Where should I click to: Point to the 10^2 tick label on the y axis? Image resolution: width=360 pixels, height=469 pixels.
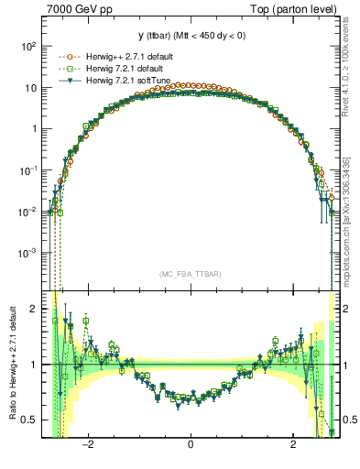click(x=29, y=46)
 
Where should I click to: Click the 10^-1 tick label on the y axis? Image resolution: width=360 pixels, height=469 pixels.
click(x=29, y=170)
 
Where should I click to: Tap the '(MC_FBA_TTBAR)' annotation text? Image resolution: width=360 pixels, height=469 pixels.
click(x=190, y=274)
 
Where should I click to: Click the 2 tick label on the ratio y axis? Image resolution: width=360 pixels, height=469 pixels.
click(x=35, y=310)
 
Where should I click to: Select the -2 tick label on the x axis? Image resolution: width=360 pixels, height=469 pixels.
click(x=88, y=445)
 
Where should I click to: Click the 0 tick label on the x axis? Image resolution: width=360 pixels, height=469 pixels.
click(x=191, y=445)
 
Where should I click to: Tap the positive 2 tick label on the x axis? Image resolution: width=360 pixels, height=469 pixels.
click(x=292, y=445)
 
